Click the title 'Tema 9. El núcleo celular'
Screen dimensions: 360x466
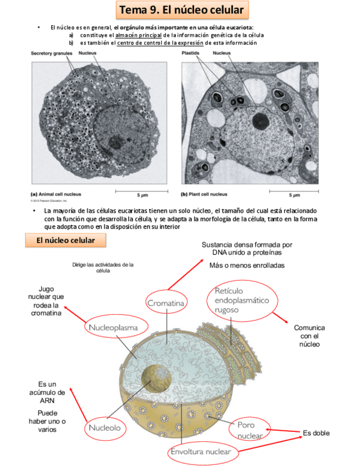pyautogui.click(x=180, y=10)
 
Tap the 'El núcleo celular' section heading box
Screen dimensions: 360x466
pyautogui.click(x=65, y=241)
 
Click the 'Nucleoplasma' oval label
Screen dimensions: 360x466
pyautogui.click(x=118, y=328)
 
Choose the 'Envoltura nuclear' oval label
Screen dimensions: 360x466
pyautogui.click(x=203, y=452)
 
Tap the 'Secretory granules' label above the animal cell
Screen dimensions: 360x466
pyautogui.click(x=52, y=53)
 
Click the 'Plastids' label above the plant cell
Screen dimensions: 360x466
pyautogui.click(x=191, y=53)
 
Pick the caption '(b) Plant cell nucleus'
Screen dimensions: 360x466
pyautogui.click(x=204, y=194)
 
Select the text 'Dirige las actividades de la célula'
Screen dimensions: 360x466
pyautogui.click(x=103, y=267)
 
